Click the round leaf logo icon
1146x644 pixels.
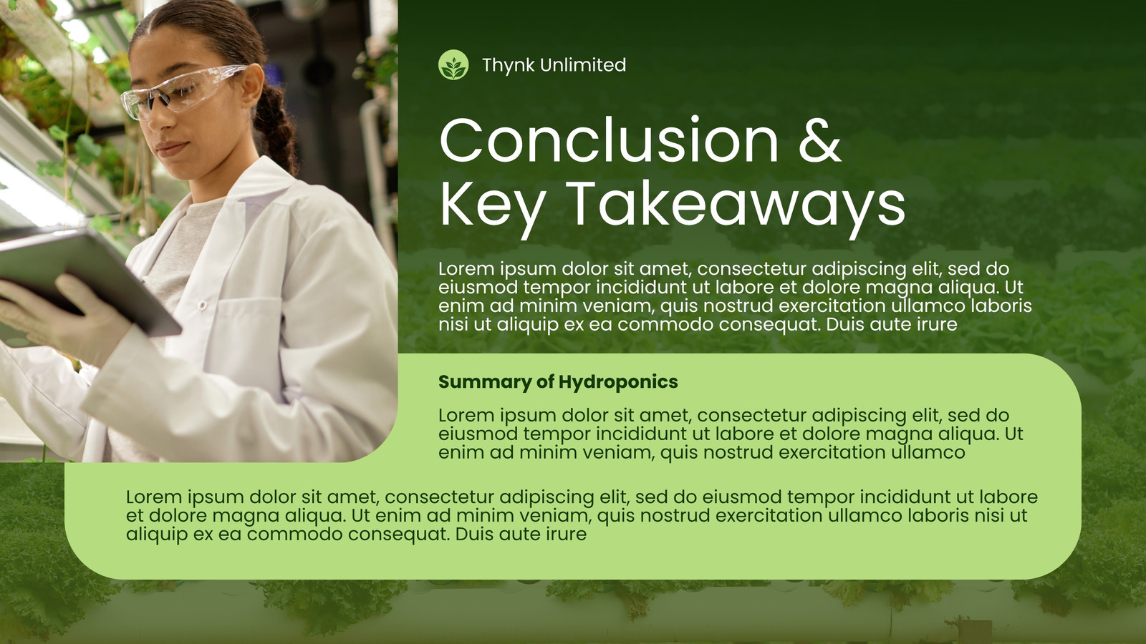453,65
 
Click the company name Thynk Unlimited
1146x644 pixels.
554,65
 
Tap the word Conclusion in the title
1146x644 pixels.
609,140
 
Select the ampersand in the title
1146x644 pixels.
820,140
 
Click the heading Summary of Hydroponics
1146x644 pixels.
558,382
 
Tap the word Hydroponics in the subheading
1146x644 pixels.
618,382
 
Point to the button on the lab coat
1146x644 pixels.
202,305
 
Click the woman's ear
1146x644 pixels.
251,84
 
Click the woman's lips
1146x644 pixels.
171,150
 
